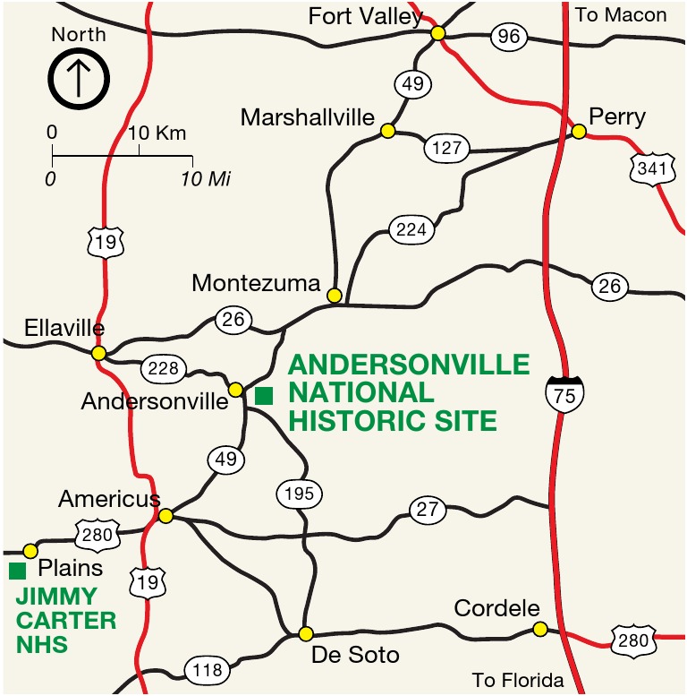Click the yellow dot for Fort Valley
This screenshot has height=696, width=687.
(438, 33)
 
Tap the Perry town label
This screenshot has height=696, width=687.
(617, 117)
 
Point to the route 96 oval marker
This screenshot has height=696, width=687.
(510, 38)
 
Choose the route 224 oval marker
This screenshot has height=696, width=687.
(411, 229)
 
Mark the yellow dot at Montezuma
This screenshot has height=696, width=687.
(335, 295)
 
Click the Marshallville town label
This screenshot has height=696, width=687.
(307, 117)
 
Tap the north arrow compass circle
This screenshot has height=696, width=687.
(78, 79)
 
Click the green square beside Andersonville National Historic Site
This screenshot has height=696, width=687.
(264, 395)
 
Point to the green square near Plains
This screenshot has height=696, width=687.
(17, 571)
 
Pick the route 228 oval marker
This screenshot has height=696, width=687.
(164, 368)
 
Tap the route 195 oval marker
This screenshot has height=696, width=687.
(299, 494)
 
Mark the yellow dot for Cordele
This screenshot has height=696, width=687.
(539, 630)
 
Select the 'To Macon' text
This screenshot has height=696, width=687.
(621, 15)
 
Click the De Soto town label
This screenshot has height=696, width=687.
(355, 656)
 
